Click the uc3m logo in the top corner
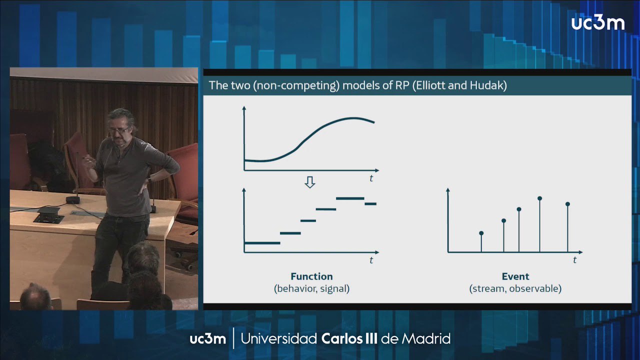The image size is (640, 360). [x=597, y=23]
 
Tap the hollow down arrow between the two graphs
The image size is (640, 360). [x=309, y=182]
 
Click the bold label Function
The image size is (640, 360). [x=311, y=276]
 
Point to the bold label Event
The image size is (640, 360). [x=515, y=276]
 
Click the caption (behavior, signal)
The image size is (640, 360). [x=311, y=288]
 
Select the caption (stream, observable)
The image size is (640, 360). [x=515, y=288]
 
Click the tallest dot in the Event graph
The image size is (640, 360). [x=539, y=198]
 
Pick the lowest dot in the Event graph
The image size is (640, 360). [x=481, y=233]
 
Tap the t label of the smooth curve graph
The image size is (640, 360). [x=371, y=178]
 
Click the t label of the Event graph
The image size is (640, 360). [x=575, y=260]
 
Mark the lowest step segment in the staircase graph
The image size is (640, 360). [x=262, y=243]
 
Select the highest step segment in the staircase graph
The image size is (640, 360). [x=350, y=198]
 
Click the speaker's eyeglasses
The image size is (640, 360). [x=119, y=130]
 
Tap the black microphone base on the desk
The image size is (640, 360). [x=73, y=199]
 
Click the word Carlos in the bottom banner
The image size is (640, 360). [x=341, y=339]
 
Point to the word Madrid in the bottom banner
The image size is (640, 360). [x=426, y=339]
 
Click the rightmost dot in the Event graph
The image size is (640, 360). [x=567, y=204]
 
